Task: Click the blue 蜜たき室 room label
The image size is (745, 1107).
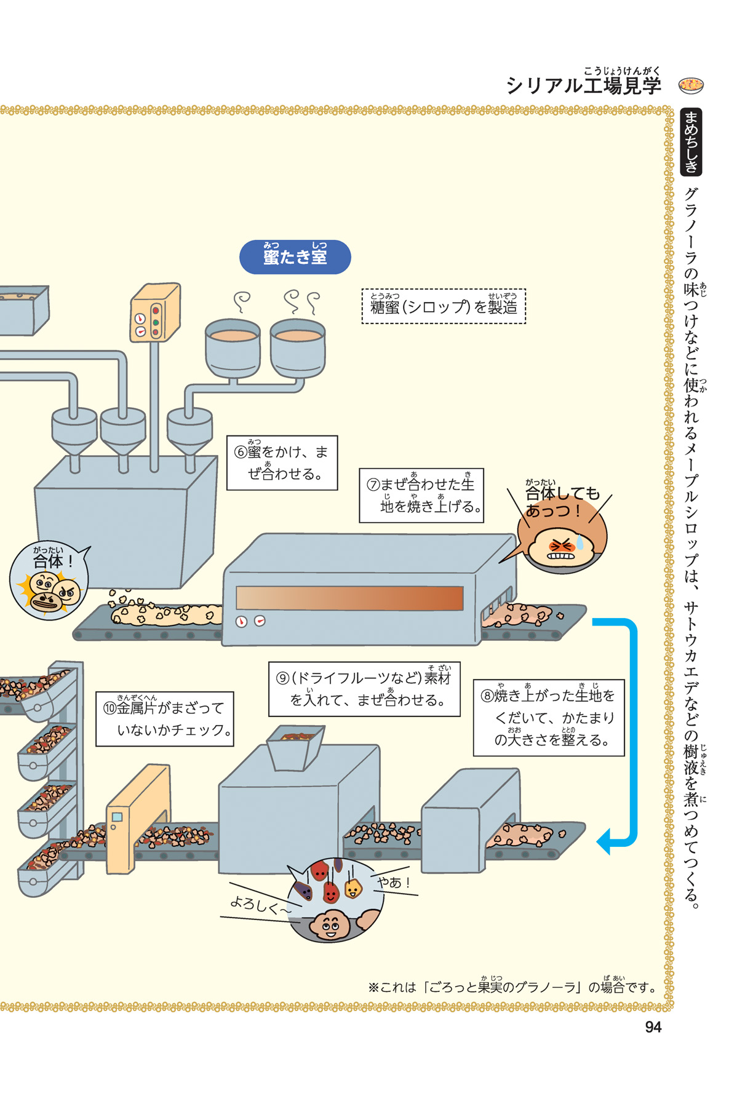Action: (295, 256)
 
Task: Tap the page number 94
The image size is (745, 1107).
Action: (653, 1026)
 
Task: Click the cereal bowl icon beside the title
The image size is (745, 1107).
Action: (691, 85)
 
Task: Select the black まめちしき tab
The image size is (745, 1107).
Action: (691, 142)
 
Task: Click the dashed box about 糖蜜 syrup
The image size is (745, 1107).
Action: (444, 306)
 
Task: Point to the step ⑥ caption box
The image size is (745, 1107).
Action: (282, 462)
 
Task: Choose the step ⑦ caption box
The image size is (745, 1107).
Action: (421, 495)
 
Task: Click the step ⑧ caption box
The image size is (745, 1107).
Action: (548, 717)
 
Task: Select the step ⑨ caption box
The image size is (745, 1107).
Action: (364, 689)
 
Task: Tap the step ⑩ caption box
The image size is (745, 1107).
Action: (165, 718)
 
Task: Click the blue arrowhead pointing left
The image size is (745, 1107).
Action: (605, 840)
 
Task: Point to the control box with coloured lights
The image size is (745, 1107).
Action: (154, 312)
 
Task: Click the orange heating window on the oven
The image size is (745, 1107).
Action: (349, 598)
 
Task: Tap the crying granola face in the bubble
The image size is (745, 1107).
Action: (563, 546)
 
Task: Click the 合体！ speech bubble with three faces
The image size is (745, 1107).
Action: (49, 580)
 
